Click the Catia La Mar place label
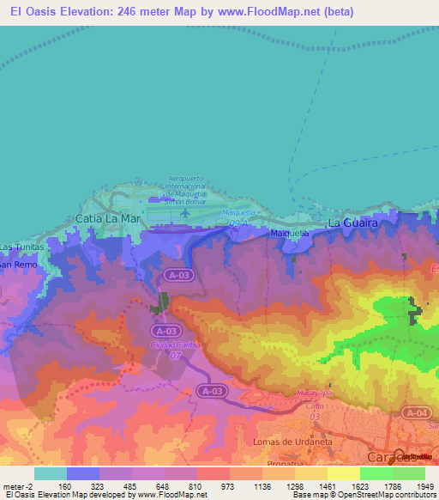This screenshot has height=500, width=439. click(108, 218)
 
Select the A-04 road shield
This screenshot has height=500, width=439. click(417, 414)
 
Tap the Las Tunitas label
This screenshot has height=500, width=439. click(18, 247)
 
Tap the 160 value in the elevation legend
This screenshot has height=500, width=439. click(65, 485)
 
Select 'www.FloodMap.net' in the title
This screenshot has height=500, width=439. click(268, 11)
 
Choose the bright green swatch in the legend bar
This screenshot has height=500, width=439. click(376, 473)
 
